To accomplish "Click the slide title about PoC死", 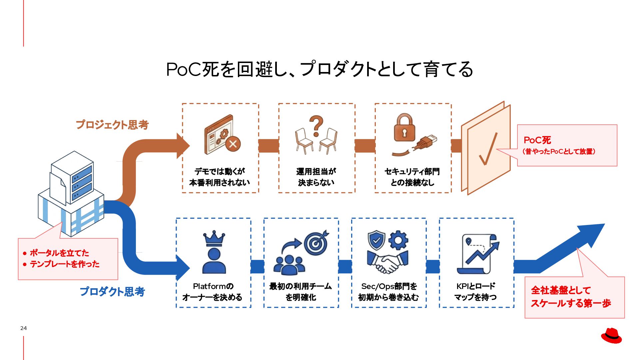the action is pos(319,69).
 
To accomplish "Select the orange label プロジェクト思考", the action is pos(112,125).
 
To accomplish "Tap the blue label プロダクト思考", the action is pos(112,292).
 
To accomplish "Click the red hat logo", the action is pos(611,336).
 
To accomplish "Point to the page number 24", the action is pos(23,328).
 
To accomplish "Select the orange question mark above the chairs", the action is pos(316,126).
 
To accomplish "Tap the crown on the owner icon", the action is pos(214,238).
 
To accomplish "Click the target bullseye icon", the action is pos(316,243).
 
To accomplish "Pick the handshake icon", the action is pos(387,262).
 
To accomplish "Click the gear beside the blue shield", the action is pos(398,240).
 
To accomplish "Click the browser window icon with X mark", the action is pos(222,135).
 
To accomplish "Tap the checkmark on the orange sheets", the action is pos(488,149).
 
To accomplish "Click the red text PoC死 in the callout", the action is pos(537,140).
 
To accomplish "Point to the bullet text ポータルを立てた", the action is pos(59,253).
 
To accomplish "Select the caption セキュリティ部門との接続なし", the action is pos(412,177).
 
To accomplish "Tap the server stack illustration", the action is pos(71,193).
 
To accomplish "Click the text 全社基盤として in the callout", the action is pos(561,290).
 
